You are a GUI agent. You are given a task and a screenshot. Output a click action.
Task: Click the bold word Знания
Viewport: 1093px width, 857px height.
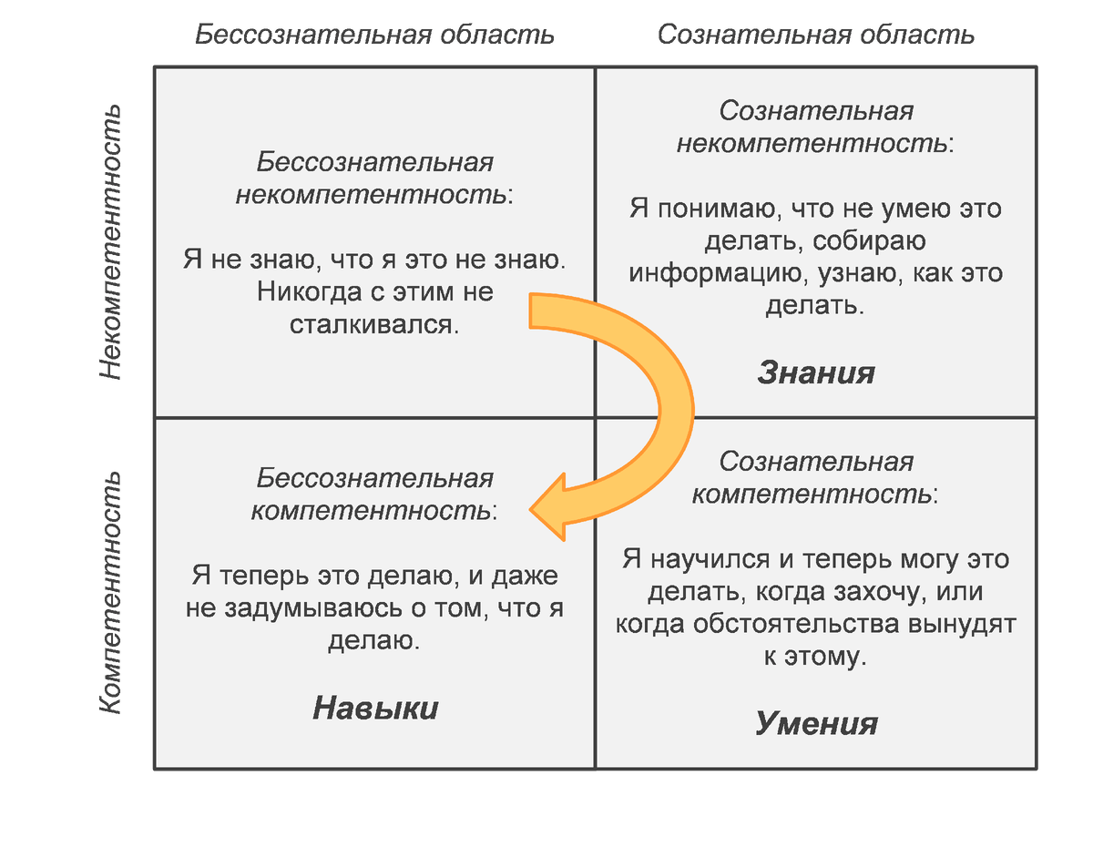pos(816,372)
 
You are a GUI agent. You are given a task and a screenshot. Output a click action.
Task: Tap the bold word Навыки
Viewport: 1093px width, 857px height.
pos(375,709)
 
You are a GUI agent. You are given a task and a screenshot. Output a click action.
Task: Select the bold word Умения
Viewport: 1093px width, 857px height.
pos(816,723)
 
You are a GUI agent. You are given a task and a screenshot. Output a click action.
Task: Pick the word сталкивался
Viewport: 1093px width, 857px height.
pos(374,324)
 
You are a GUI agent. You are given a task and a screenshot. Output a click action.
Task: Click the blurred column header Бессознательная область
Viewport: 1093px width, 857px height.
pos(373,36)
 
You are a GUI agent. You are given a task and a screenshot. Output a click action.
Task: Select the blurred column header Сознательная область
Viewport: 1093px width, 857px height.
pos(816,36)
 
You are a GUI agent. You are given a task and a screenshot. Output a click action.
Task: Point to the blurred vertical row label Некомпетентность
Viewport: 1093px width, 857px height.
pos(109,242)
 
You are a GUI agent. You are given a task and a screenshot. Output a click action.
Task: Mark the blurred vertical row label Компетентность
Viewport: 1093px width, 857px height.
pos(109,592)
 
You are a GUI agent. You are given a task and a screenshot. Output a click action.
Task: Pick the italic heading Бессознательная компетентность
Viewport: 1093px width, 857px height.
pos(374,495)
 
